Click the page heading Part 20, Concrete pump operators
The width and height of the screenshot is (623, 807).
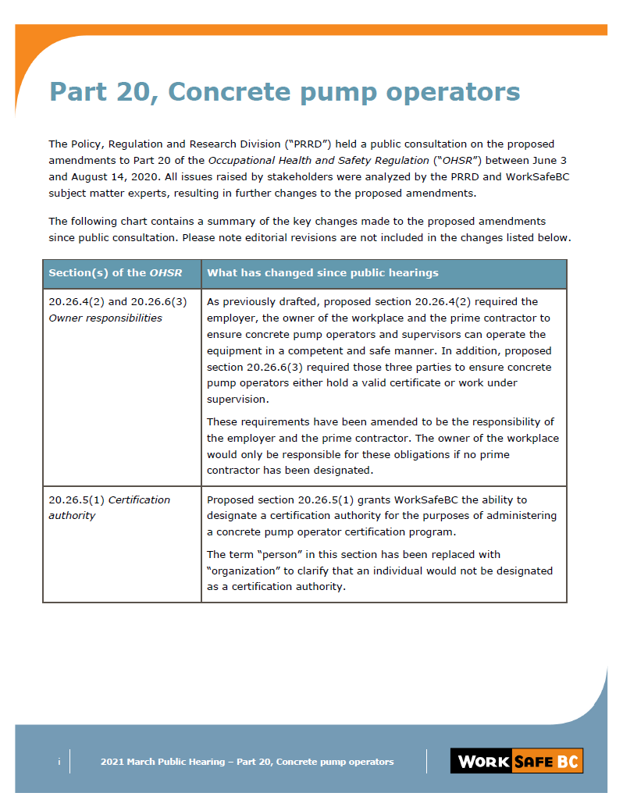pos(284,92)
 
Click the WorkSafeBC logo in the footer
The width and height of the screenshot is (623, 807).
pos(516,761)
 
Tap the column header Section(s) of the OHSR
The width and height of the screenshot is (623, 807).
pos(115,273)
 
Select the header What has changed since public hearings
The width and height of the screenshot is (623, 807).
pos(322,273)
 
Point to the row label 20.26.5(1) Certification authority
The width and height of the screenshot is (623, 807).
pos(109,507)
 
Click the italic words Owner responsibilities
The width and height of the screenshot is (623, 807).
pos(105,318)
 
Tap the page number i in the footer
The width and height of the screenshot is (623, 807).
pos(59,762)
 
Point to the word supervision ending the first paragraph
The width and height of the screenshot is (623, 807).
pos(237,400)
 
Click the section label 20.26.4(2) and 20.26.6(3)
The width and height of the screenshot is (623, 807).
pos(118,302)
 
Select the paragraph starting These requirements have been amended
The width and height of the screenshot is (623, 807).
pos(383,446)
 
